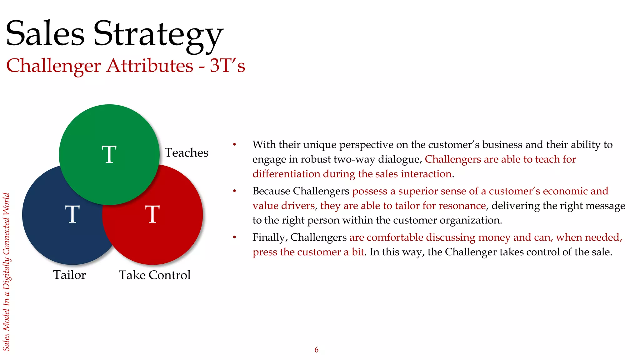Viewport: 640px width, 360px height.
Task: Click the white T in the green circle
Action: pyautogui.click(x=109, y=154)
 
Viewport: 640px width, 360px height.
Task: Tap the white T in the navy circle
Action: pyautogui.click(x=72, y=214)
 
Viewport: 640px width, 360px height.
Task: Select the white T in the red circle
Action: pyautogui.click(x=152, y=214)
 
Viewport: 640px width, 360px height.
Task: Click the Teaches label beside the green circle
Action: pyautogui.click(x=187, y=153)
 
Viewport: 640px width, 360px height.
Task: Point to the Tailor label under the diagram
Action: pyautogui.click(x=69, y=275)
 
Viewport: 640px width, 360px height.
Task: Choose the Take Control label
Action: pyautogui.click(x=155, y=275)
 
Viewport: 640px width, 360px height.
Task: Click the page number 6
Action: pyautogui.click(x=316, y=350)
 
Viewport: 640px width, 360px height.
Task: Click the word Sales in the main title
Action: pyautogui.click(x=45, y=33)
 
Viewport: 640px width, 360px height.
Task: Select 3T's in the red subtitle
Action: pyautogui.click(x=227, y=66)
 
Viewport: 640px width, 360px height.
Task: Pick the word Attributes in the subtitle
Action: pyautogui.click(x=150, y=66)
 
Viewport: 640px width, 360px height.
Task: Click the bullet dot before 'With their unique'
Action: pyautogui.click(x=234, y=145)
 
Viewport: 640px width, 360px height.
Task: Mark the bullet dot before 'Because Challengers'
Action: pyautogui.click(x=234, y=191)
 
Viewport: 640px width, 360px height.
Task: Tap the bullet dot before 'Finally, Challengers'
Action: pyautogui.click(x=234, y=237)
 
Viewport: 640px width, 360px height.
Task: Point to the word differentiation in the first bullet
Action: pyautogui.click(x=286, y=174)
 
